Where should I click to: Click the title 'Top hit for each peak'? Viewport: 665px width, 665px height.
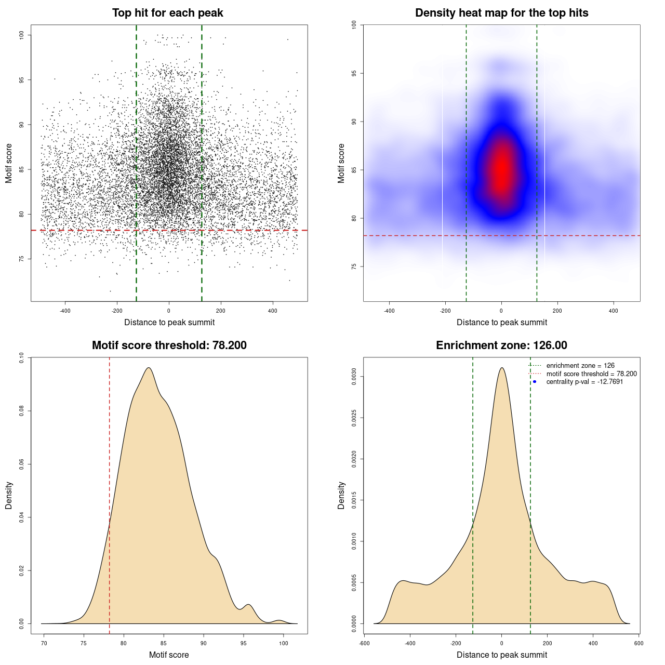tap(167, 13)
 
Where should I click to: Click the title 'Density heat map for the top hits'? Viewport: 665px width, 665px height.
tap(501, 13)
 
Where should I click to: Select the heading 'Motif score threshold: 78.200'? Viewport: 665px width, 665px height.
tap(169, 345)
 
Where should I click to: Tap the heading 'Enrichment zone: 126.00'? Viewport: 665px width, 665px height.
tap(501, 345)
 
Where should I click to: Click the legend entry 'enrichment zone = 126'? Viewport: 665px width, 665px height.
tap(580, 366)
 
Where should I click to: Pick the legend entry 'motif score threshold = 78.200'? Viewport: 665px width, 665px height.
tap(591, 374)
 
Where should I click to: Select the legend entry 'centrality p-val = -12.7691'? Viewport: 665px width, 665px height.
tap(584, 382)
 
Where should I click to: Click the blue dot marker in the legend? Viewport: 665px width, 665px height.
tap(535, 382)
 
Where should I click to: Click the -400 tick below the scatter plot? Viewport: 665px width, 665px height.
tap(65, 311)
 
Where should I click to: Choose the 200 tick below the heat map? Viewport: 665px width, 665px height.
tap(557, 311)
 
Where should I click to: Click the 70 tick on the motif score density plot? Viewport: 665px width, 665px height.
tap(44, 644)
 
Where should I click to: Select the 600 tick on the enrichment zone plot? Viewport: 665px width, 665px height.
tap(639, 644)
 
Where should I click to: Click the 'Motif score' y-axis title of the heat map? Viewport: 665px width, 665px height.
tap(341, 163)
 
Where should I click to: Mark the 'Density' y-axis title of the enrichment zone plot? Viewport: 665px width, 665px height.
tap(341, 495)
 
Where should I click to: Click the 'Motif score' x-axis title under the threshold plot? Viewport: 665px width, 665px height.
tap(169, 655)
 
